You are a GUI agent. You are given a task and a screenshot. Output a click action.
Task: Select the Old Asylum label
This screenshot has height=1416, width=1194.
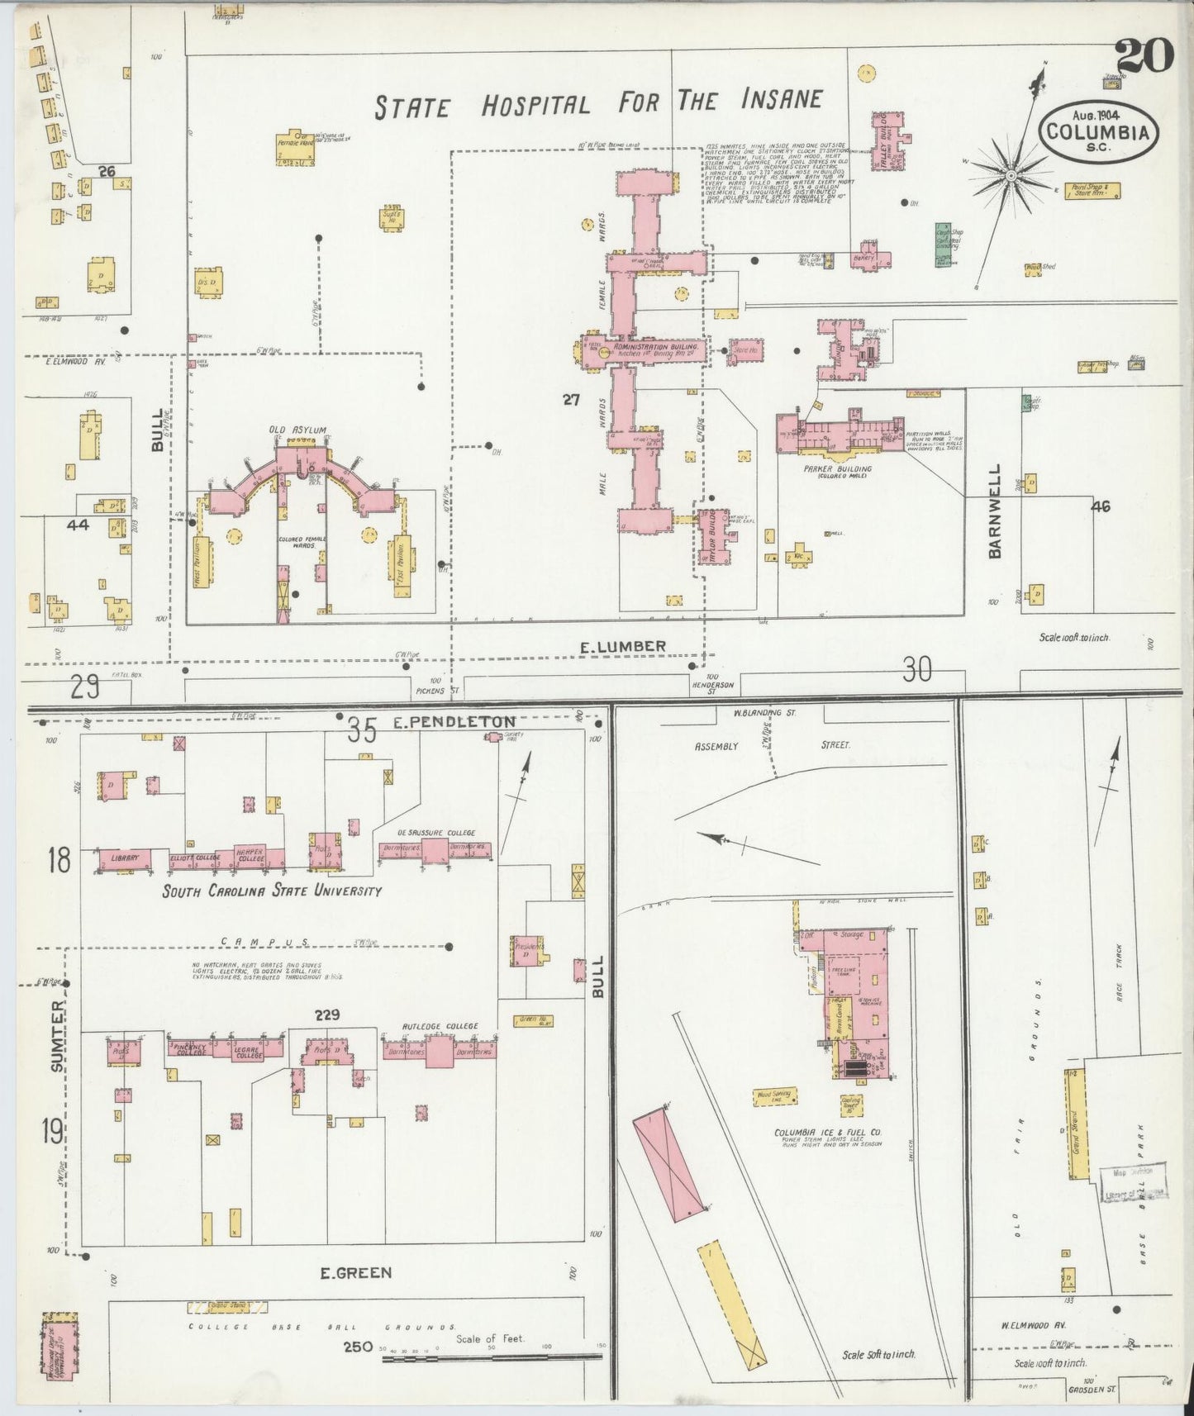[x=297, y=430]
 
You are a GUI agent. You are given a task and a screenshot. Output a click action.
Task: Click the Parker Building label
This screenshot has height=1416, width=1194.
[x=837, y=469]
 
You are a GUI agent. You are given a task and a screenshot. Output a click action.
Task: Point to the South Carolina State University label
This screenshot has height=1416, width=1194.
[x=271, y=891]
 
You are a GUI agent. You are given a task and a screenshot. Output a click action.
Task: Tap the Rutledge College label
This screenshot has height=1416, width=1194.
[x=440, y=1026]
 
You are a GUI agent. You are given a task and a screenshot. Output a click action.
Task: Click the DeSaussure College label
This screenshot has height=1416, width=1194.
[x=435, y=833]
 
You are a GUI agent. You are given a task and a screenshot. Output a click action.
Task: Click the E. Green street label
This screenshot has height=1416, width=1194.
[x=356, y=1295]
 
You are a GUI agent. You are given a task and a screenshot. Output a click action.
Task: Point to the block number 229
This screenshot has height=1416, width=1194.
[x=328, y=1014]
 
